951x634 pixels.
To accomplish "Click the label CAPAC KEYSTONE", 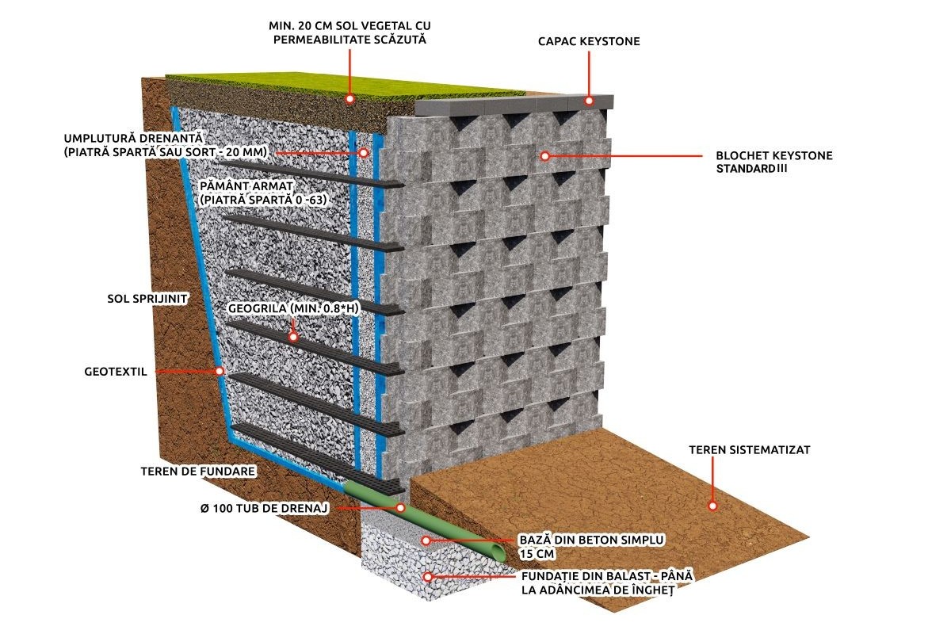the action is [589, 41].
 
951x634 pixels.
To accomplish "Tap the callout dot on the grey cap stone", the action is [589, 101].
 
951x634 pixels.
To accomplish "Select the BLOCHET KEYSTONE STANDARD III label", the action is [774, 162].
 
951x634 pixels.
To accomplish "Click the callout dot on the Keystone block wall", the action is [545, 156].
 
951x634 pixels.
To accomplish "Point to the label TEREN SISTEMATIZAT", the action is [750, 449].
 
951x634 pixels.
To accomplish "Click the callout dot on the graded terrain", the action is [712, 506].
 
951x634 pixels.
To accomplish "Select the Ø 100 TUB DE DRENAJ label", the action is [265, 508].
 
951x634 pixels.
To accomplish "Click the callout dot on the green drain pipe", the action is [400, 507].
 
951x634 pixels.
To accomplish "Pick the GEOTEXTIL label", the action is [116, 372].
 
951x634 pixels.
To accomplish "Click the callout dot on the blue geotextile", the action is [220, 371].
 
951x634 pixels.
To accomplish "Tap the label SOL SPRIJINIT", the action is [147, 299].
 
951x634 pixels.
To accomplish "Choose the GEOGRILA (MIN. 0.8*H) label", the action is [293, 308].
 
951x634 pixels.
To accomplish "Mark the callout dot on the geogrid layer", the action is [293, 337].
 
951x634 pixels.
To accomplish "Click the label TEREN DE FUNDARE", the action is [198, 471].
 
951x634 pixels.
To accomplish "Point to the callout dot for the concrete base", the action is [426, 540].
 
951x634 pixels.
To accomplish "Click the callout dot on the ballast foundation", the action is [428, 577].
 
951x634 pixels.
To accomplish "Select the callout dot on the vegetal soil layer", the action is [349, 99].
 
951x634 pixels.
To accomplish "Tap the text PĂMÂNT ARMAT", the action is [246, 186].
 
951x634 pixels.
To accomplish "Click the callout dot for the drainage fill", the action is [364, 152].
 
